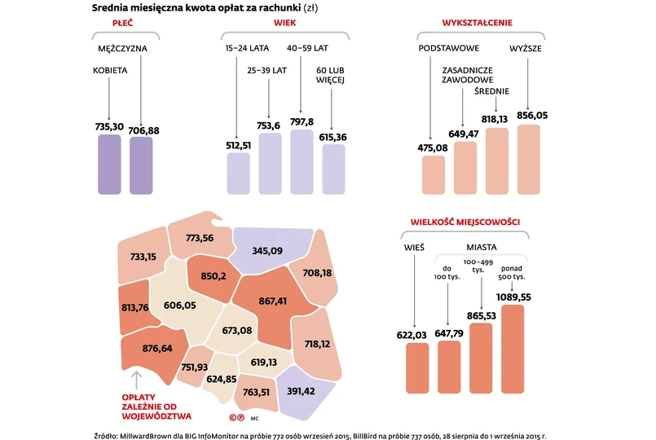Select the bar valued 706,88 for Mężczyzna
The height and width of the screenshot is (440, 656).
tap(141, 165)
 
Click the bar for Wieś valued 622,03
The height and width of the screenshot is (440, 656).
tap(417, 367)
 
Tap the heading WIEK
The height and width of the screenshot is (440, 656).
tap(285, 24)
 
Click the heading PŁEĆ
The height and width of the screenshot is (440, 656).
tap(123, 24)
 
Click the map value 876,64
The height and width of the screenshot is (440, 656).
tap(156, 348)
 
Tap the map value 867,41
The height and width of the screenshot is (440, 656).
tap(272, 301)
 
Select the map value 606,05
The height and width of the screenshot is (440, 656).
tap(180, 305)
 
